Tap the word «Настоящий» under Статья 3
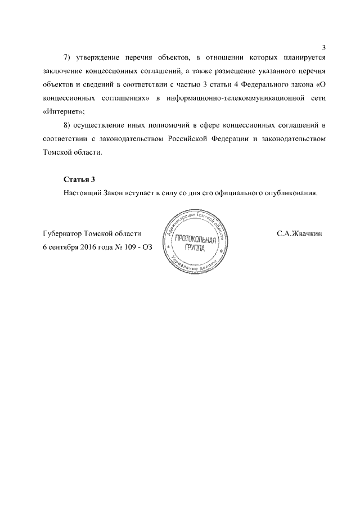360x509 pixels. pyautogui.click(x=82, y=193)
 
